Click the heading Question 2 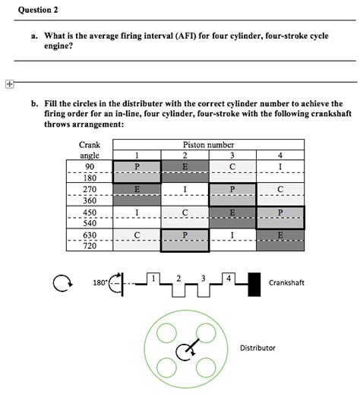38,10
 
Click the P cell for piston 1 137,172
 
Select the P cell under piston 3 232,194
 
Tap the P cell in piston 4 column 280,217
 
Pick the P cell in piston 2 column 185,241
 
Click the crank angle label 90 90,166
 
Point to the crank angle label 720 90,246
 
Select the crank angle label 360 90,200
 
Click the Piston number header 208,145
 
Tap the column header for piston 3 232,155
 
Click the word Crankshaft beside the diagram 286,283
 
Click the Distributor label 257,348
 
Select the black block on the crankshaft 254,285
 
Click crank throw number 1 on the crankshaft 153,278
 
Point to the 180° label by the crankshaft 99,283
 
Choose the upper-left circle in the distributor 166,333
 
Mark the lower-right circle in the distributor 206,367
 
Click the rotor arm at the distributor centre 193,345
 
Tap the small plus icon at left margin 9,84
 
